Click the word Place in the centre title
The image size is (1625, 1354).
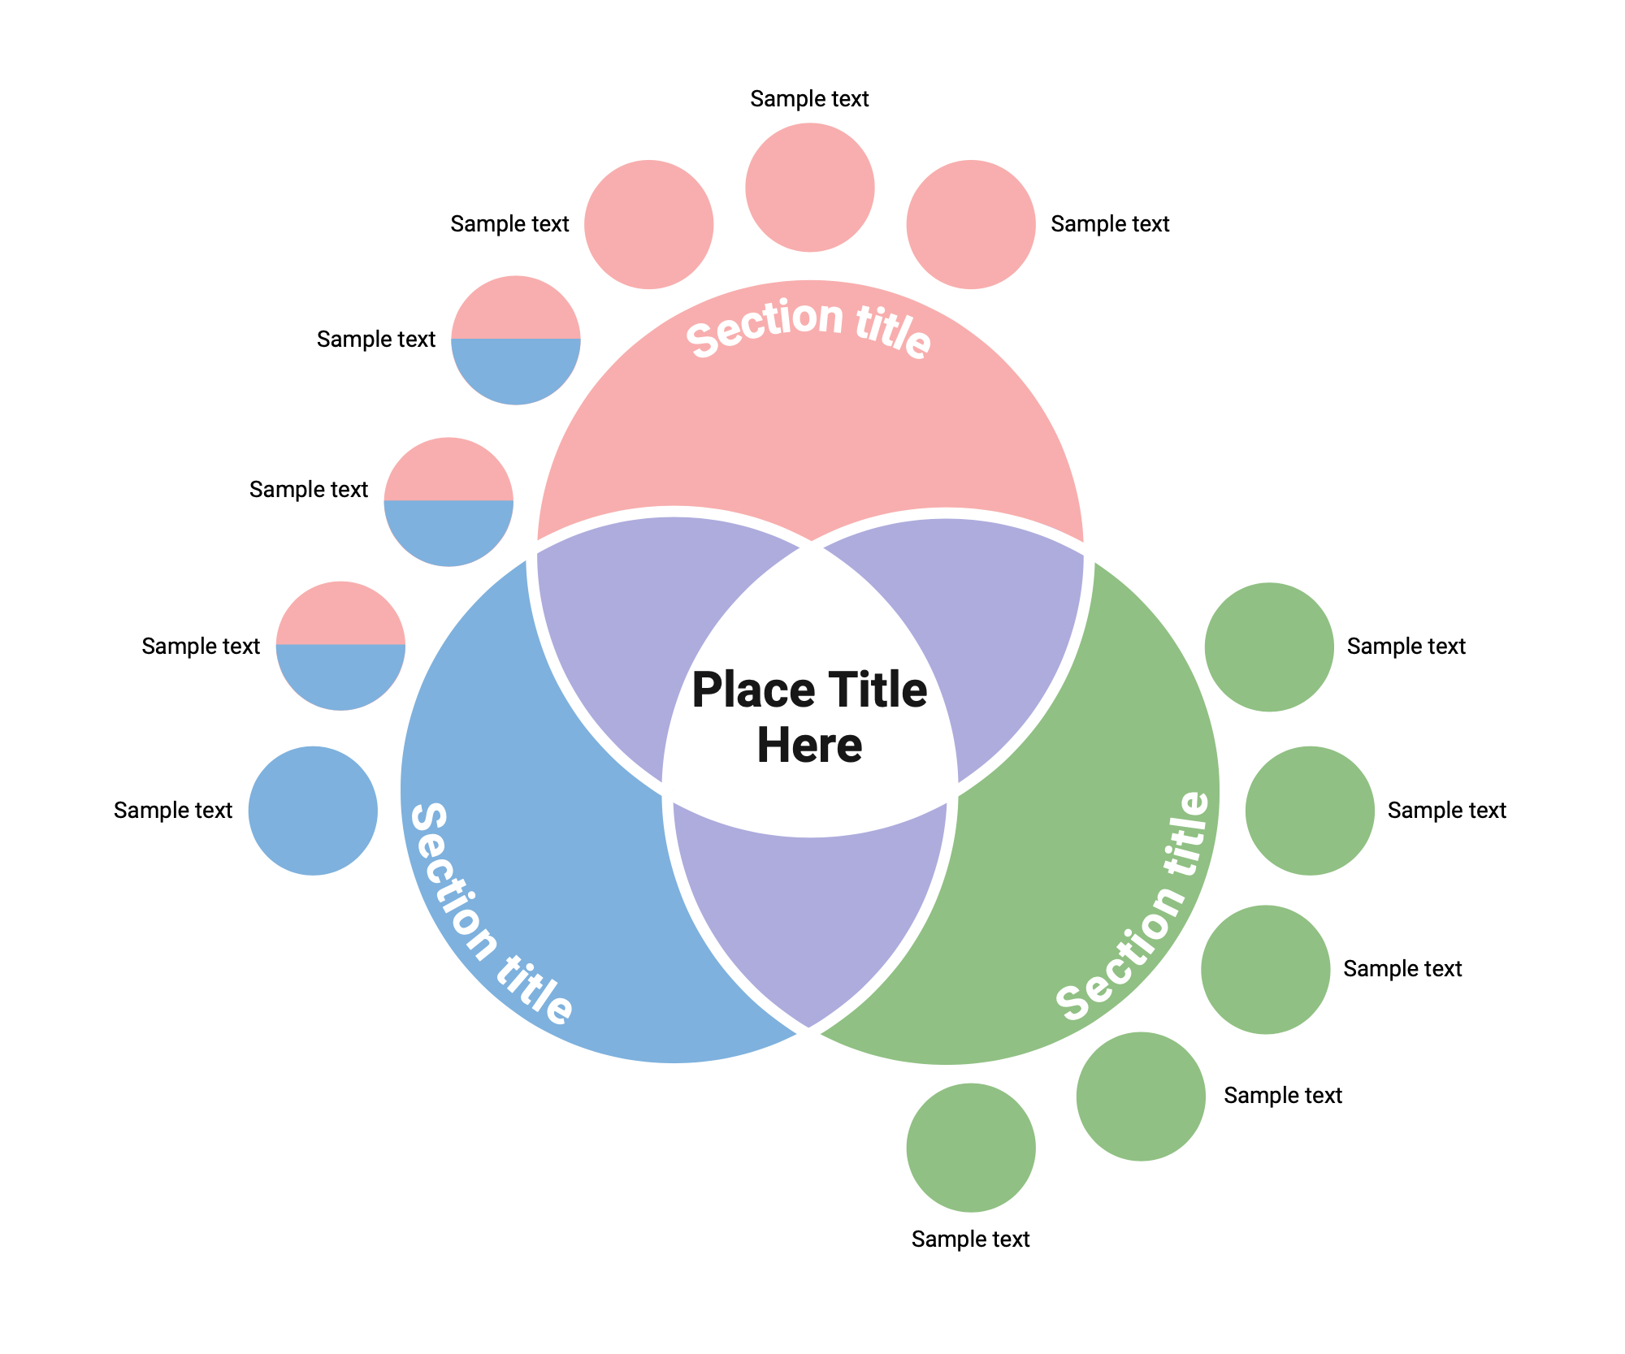point(752,690)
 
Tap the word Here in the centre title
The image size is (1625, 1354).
point(809,745)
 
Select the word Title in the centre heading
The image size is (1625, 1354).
point(874,690)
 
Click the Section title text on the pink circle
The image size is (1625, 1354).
point(808,326)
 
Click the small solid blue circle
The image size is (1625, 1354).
point(313,811)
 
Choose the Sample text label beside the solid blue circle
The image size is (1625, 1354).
point(173,811)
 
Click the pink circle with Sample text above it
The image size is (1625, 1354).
point(809,188)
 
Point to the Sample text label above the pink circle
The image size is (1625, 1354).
point(809,99)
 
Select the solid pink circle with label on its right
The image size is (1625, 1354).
point(971,224)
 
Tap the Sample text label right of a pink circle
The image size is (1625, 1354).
point(1110,224)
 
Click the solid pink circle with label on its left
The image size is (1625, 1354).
point(648,224)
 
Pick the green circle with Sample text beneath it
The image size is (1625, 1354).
point(971,1148)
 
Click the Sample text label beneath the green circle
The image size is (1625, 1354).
point(970,1239)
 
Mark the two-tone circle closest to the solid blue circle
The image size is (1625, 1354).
point(340,646)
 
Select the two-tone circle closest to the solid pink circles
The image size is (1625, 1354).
point(516,340)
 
